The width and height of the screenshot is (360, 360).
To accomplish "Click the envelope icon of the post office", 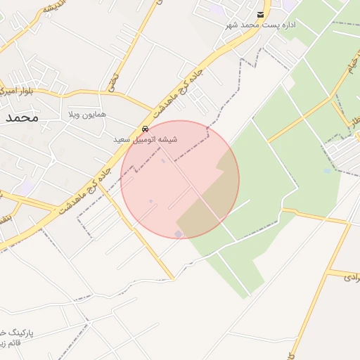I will point(261,14).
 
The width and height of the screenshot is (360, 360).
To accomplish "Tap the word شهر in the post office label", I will point(233,25).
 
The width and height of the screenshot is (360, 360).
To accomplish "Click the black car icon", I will point(145,129).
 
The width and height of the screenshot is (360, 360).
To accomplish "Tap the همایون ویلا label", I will point(86,114).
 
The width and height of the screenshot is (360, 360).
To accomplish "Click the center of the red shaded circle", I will point(180,180).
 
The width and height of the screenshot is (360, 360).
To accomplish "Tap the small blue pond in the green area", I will point(327,171).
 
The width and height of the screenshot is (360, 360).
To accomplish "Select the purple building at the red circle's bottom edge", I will point(178,233).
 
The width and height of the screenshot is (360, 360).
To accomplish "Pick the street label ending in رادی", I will point(352,278).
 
